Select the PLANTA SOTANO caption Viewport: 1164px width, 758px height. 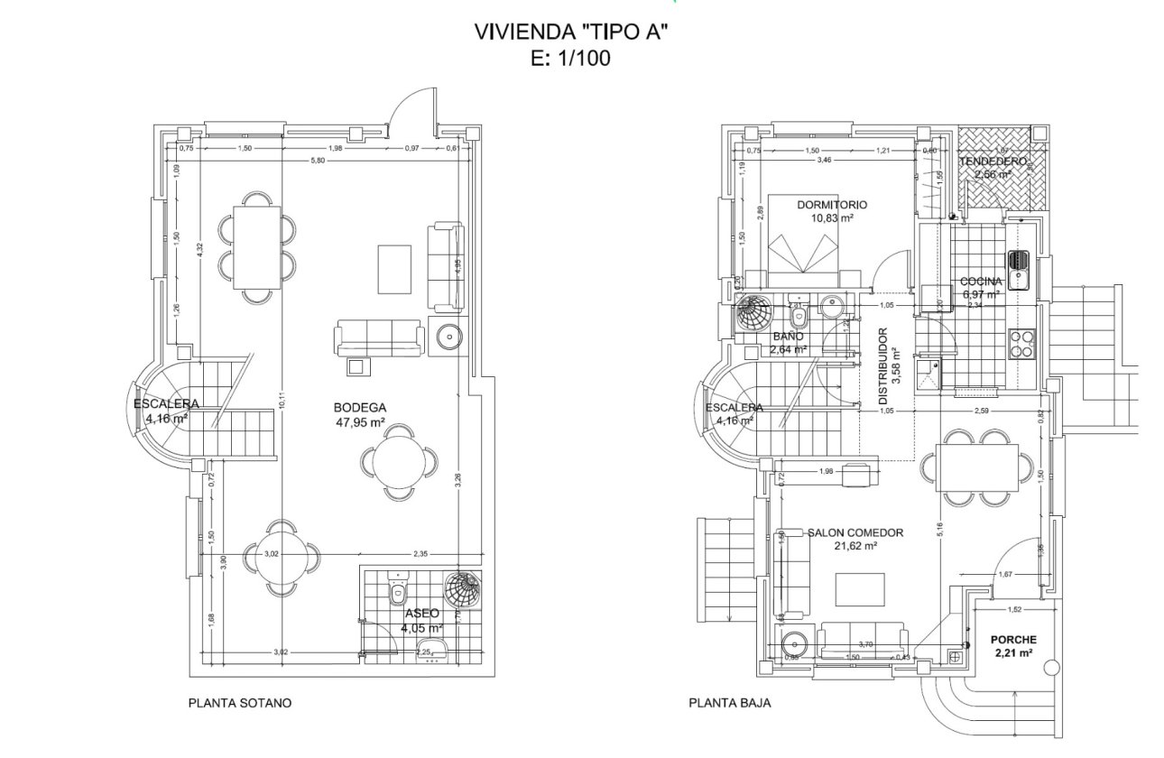[x=240, y=702]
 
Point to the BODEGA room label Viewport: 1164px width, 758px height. [x=359, y=407]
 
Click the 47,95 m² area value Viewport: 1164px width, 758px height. [x=359, y=421]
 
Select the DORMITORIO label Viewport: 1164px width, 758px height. [x=832, y=205]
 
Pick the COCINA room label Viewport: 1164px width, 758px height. [x=982, y=281]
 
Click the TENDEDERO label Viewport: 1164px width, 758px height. [x=993, y=161]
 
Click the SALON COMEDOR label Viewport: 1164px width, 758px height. [x=855, y=532]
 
